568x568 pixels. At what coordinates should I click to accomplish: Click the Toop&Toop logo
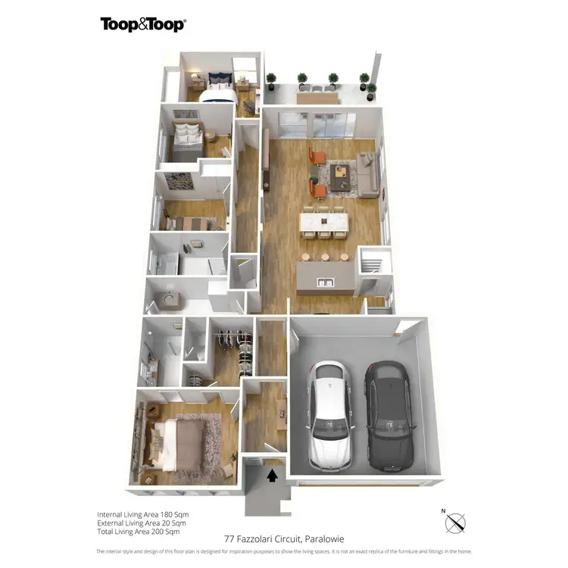pos(143,24)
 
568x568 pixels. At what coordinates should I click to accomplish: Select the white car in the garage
pos(328,414)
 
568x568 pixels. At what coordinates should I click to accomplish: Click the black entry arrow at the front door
pos(270,475)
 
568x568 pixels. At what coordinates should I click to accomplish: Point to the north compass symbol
pos(456,522)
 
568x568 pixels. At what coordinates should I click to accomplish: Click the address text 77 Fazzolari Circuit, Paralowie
pos(283,538)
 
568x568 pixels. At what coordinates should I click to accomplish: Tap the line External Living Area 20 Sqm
pos(141,523)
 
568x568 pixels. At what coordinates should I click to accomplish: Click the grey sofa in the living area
pos(367,173)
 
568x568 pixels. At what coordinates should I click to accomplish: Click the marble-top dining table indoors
pos(324,222)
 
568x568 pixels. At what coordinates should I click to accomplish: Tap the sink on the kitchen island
pos(326,282)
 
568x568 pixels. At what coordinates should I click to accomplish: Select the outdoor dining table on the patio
pos(317,97)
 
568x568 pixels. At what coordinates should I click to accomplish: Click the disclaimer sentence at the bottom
pos(283,551)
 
